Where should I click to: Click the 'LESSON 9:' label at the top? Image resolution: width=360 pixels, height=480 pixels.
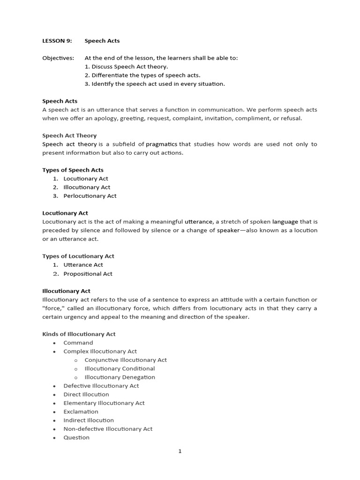tap(57, 41)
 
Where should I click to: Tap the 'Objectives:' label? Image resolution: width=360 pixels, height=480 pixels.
tap(58, 58)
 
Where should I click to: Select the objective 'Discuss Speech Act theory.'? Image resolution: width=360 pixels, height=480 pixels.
tap(126, 67)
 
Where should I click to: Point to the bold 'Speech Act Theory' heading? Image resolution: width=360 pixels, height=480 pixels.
tap(69, 135)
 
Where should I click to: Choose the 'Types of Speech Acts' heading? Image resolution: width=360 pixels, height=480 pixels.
tap(73, 170)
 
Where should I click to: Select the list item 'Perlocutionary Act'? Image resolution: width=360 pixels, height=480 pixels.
tap(90, 196)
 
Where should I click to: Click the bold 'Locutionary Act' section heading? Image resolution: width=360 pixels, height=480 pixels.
tap(65, 213)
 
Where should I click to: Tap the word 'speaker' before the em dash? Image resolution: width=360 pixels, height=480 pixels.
tap(228, 230)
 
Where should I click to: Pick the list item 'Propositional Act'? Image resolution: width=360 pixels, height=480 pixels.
tap(88, 274)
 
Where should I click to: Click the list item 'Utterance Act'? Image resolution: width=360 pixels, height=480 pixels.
tap(83, 265)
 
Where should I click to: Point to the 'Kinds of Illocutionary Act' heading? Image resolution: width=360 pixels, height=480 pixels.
tap(79, 334)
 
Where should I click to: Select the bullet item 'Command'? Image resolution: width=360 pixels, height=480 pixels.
tap(78, 343)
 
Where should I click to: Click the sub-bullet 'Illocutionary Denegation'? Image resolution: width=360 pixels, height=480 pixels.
tap(120, 377)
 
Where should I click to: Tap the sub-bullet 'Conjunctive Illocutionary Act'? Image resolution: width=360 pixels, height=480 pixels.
tap(126, 360)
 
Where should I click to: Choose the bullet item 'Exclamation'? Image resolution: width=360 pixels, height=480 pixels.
tap(81, 412)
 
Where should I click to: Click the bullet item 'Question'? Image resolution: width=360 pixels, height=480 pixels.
tap(76, 437)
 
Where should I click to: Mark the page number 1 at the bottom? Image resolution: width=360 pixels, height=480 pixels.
tap(180, 451)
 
